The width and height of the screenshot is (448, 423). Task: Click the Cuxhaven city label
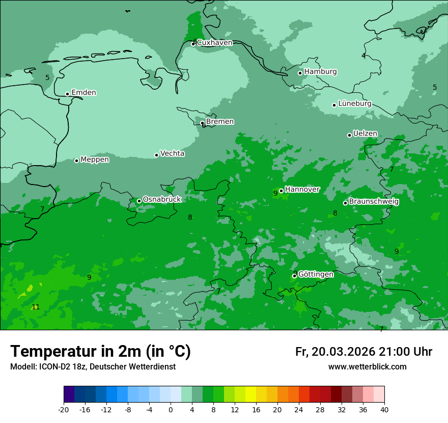tap(214, 43)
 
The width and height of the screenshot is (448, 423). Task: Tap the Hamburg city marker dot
tap(300, 73)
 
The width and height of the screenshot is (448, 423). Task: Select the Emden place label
tap(83, 93)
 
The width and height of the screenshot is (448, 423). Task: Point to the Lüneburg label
tap(355, 103)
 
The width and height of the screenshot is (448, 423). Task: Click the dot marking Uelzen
tap(349, 135)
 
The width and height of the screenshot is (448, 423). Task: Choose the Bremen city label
tap(220, 122)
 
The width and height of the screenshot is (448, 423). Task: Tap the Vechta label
tap(173, 153)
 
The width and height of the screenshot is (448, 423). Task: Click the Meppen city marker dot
tap(76, 161)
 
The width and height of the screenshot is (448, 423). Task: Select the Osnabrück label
tap(162, 199)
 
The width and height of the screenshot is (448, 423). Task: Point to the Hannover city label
tap(302, 190)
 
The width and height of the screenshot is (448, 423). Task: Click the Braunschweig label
tap(374, 202)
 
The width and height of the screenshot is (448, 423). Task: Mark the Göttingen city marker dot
tap(294, 276)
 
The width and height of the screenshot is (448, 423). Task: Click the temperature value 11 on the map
tap(36, 307)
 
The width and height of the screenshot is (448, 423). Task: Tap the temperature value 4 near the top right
tap(363, 56)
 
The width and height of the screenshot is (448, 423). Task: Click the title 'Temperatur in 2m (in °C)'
tap(100, 352)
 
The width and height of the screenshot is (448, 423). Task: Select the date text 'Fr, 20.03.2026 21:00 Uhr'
tap(363, 352)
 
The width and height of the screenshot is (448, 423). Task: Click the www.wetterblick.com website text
tap(367, 367)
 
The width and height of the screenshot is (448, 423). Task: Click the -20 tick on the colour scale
tap(64, 409)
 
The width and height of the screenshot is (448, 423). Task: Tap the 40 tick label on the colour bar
tap(384, 409)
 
